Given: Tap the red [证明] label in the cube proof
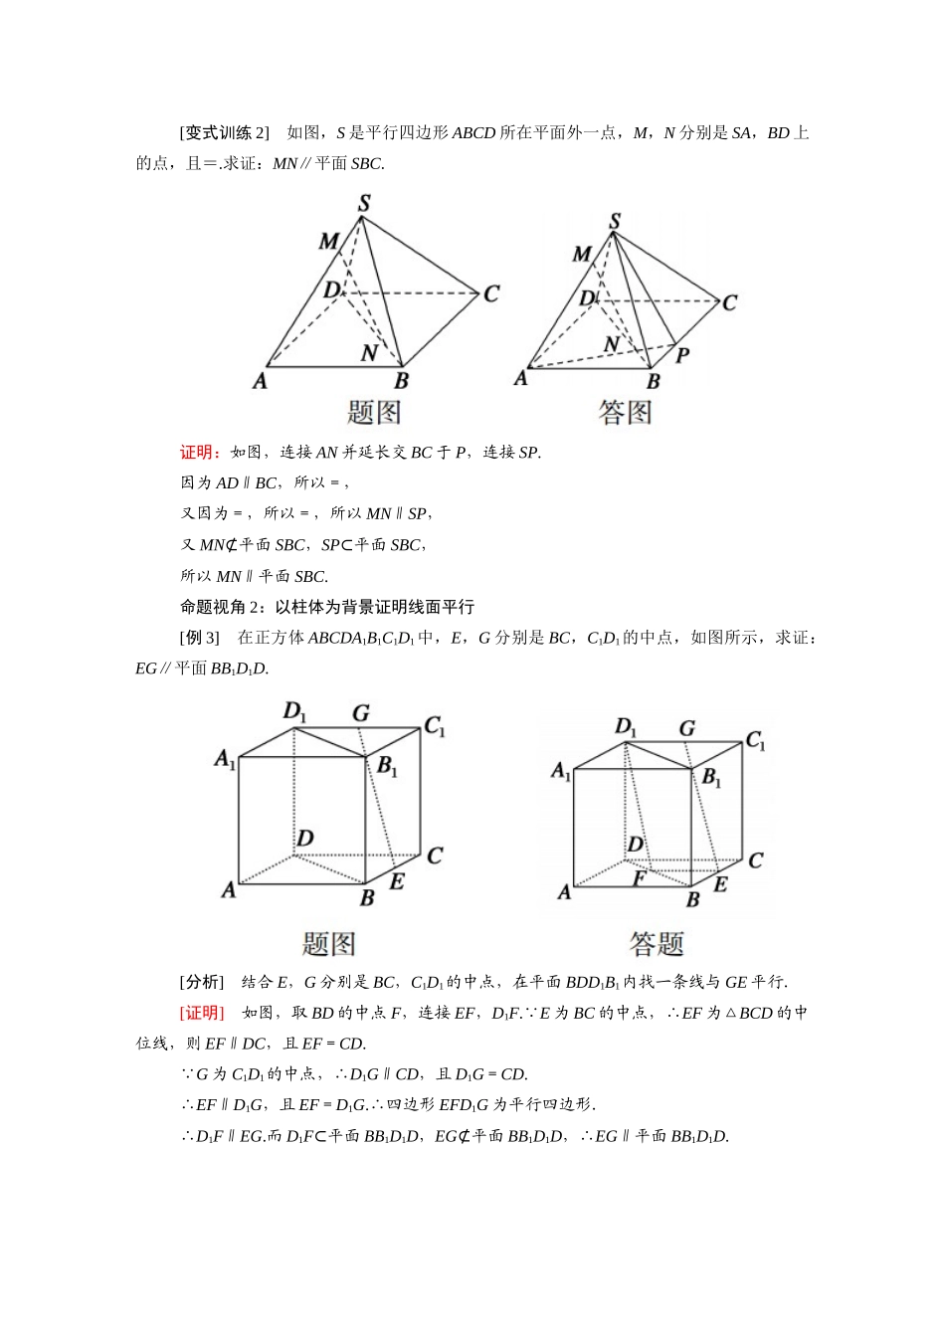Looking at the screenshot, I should pos(202,1013).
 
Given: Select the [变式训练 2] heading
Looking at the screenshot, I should pos(225,133).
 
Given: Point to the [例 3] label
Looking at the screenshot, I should pos(200,638).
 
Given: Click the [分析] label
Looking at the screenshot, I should pos(202,982).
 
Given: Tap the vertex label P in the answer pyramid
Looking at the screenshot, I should pos(682,354).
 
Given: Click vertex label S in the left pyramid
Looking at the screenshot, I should pos(364,204).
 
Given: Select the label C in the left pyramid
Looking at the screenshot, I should pos(490,293).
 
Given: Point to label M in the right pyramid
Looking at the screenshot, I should pos(582,255).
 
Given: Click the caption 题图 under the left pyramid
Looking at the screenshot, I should pos(374,412).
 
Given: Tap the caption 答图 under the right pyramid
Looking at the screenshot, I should pos(625,412).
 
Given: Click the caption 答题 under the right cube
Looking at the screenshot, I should pos(657,943).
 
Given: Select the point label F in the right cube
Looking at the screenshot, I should pos(640,879).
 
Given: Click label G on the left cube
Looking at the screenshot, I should pos(361,712).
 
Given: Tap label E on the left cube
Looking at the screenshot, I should pos(396,881).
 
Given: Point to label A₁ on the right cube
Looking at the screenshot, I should pos(561,771).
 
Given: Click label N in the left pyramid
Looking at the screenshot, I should pos(369,353).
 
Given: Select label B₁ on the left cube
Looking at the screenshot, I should pos(387,767).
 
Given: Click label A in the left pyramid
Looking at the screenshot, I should pos(260,380).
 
